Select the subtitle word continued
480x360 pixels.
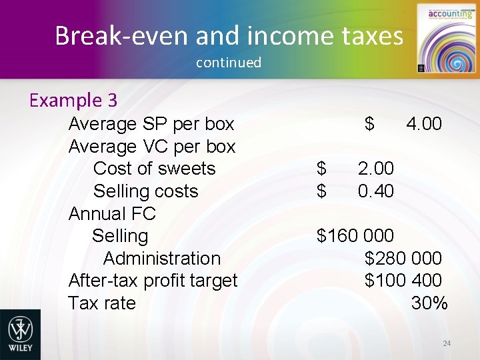tap(229, 63)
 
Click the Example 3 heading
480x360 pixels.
tap(73, 101)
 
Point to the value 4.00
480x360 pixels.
tap(423, 124)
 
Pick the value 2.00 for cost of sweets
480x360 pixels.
tap(375, 169)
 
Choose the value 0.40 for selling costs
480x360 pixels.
tap(375, 191)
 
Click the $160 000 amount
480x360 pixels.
tap(355, 236)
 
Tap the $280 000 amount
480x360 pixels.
tap(403, 259)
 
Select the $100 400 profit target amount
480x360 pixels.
tap(403, 281)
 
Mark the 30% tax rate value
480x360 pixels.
tap(429, 303)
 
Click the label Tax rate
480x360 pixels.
tap(102, 303)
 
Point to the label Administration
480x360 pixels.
tap(162, 259)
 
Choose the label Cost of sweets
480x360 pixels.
tap(155, 169)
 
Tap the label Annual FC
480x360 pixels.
tap(112, 214)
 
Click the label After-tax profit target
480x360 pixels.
tap(153, 281)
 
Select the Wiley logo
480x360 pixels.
tap(20, 335)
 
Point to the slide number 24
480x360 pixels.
tap(447, 343)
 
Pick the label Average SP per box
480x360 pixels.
tap(151, 124)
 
